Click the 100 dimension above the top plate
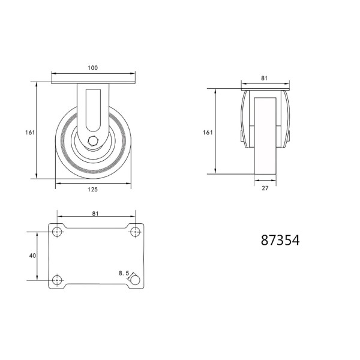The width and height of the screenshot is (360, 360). click(x=93, y=68)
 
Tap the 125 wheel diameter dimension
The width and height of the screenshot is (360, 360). click(x=93, y=190)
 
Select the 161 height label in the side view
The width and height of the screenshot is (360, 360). click(x=30, y=133)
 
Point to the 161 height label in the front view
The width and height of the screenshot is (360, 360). click(x=208, y=133)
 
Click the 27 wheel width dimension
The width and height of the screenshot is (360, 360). click(x=265, y=188)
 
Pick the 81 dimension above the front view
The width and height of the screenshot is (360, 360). click(x=264, y=78)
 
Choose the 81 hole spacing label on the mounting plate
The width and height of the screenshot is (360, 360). click(x=95, y=214)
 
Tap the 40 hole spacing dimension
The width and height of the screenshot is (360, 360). click(x=32, y=256)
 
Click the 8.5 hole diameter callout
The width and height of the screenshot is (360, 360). click(x=124, y=274)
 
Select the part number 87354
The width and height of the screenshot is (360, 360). click(x=280, y=241)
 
